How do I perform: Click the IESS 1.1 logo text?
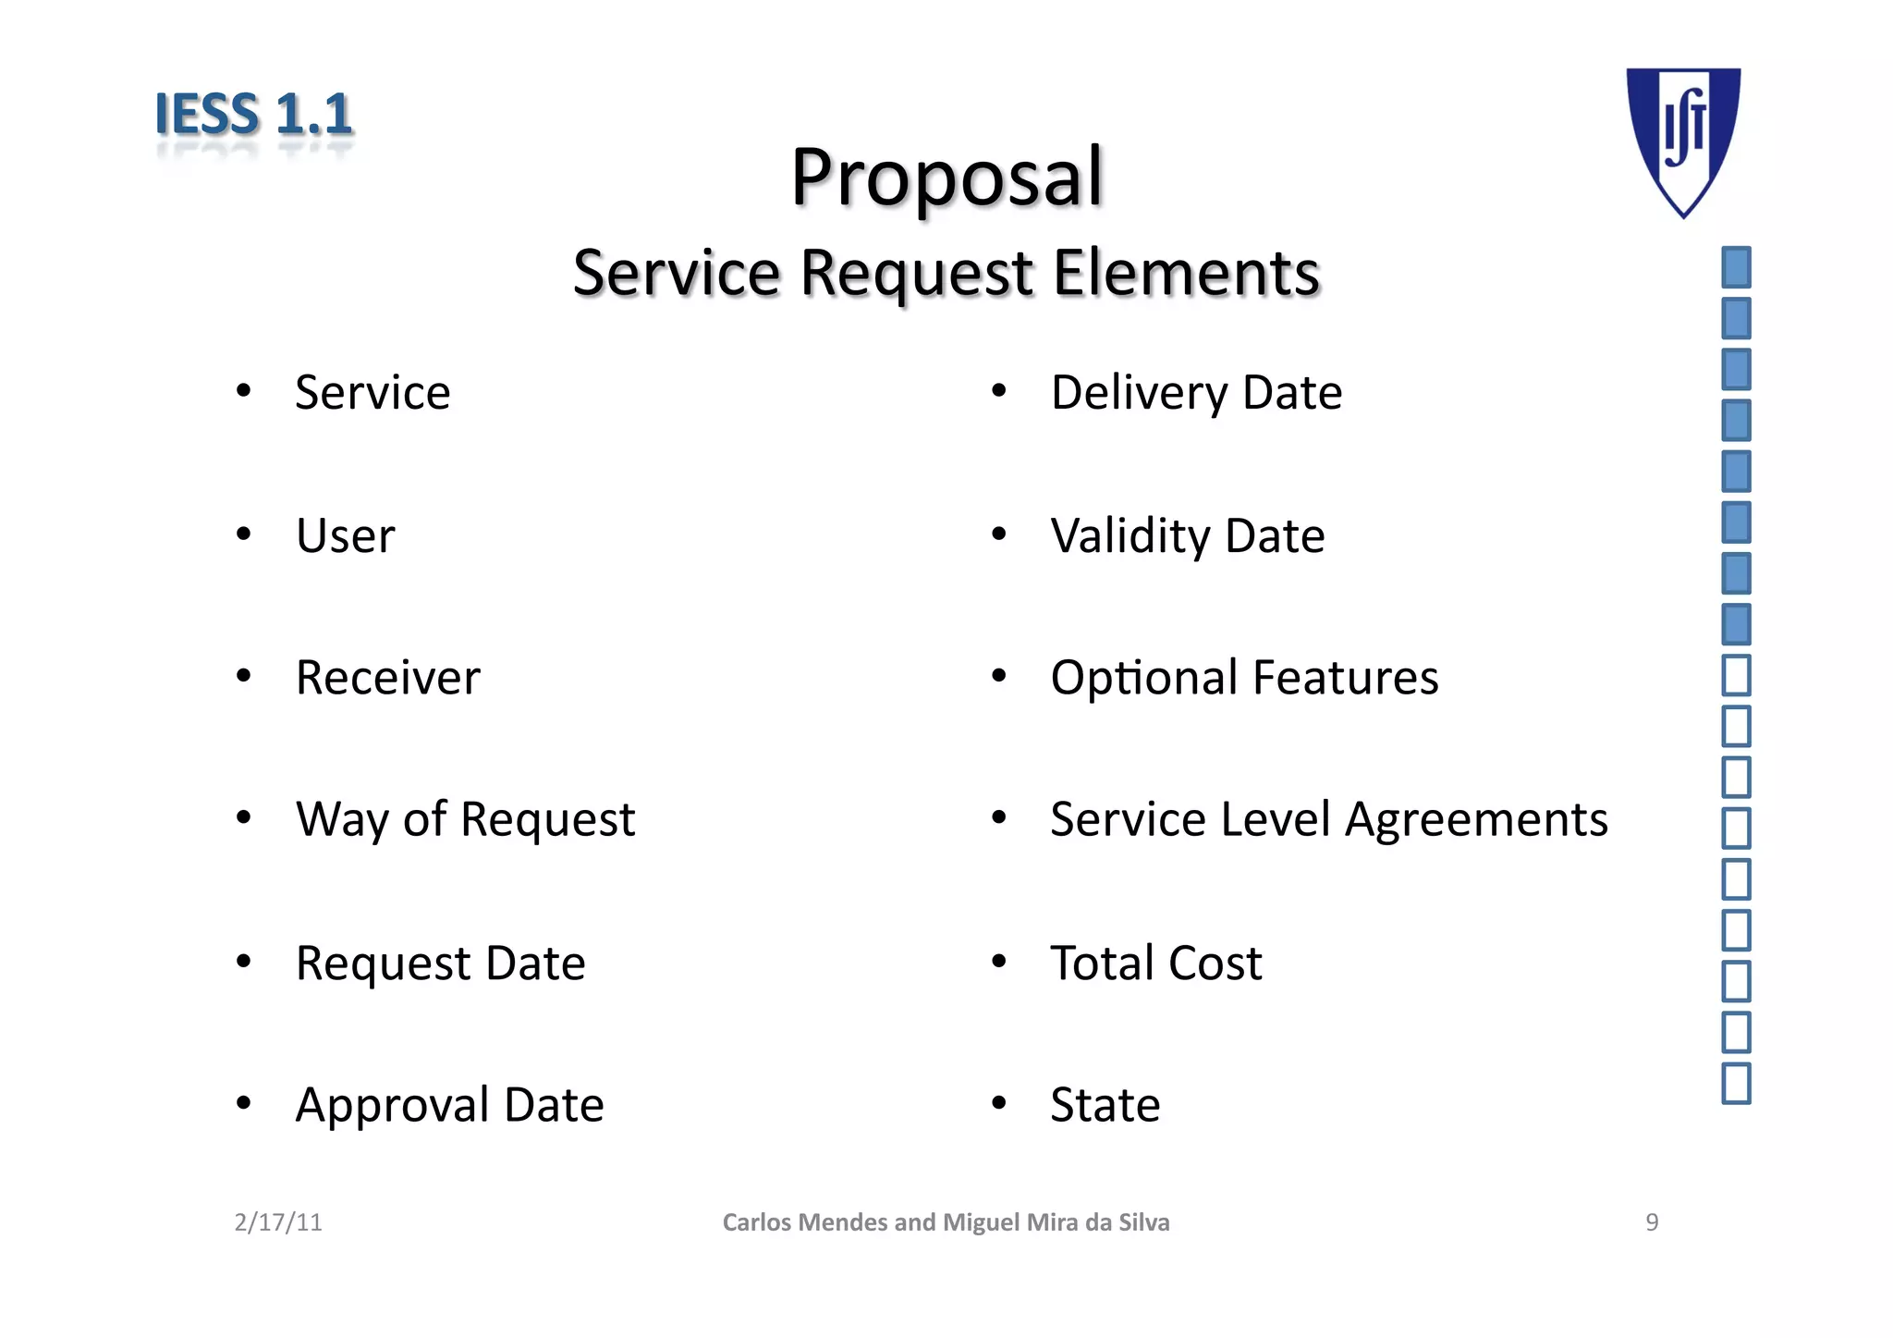tap(253, 115)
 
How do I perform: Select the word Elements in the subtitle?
tap(1186, 273)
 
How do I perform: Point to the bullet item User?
tap(345, 535)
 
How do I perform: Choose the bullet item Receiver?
tap(387, 678)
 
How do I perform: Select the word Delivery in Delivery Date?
tap(1138, 393)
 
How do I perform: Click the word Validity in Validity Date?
tap(1129, 536)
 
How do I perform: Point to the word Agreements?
tap(1476, 820)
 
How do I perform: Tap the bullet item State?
tap(1105, 1105)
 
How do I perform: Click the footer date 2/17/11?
tap(278, 1222)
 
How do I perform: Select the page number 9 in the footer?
tap(1652, 1222)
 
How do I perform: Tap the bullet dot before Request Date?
tap(243, 963)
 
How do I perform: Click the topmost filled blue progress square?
tap(1736, 268)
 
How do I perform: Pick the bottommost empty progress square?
tap(1736, 1084)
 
